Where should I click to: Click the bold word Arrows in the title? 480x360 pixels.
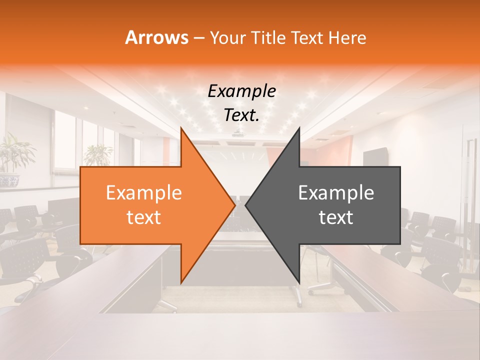click(x=156, y=37)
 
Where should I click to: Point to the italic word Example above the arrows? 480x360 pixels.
click(x=241, y=91)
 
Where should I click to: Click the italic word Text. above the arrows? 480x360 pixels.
click(x=241, y=115)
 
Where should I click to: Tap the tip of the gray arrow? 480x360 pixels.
click(x=247, y=205)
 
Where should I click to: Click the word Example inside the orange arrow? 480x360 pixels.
click(x=144, y=193)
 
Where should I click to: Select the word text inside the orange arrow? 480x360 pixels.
click(x=144, y=217)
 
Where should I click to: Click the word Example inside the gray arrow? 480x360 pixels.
click(x=336, y=193)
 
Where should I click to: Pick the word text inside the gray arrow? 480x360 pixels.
click(x=336, y=217)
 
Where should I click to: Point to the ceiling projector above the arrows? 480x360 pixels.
click(x=239, y=134)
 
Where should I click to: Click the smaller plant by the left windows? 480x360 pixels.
click(x=98, y=155)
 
